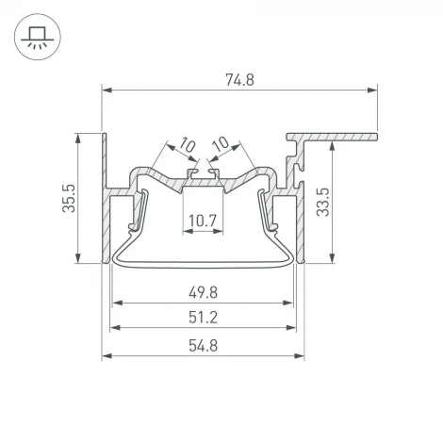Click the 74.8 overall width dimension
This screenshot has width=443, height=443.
pos(239,80)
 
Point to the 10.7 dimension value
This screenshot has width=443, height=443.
pos(202,222)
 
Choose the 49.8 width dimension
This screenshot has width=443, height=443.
pos(202,292)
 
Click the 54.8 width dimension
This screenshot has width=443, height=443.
pos(202,345)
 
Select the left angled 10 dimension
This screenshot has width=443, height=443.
pos(185,144)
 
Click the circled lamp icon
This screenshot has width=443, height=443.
pos(36,36)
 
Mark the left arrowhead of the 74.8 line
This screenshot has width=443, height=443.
pos(107,90)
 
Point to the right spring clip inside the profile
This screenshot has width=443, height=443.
pos(268,212)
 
